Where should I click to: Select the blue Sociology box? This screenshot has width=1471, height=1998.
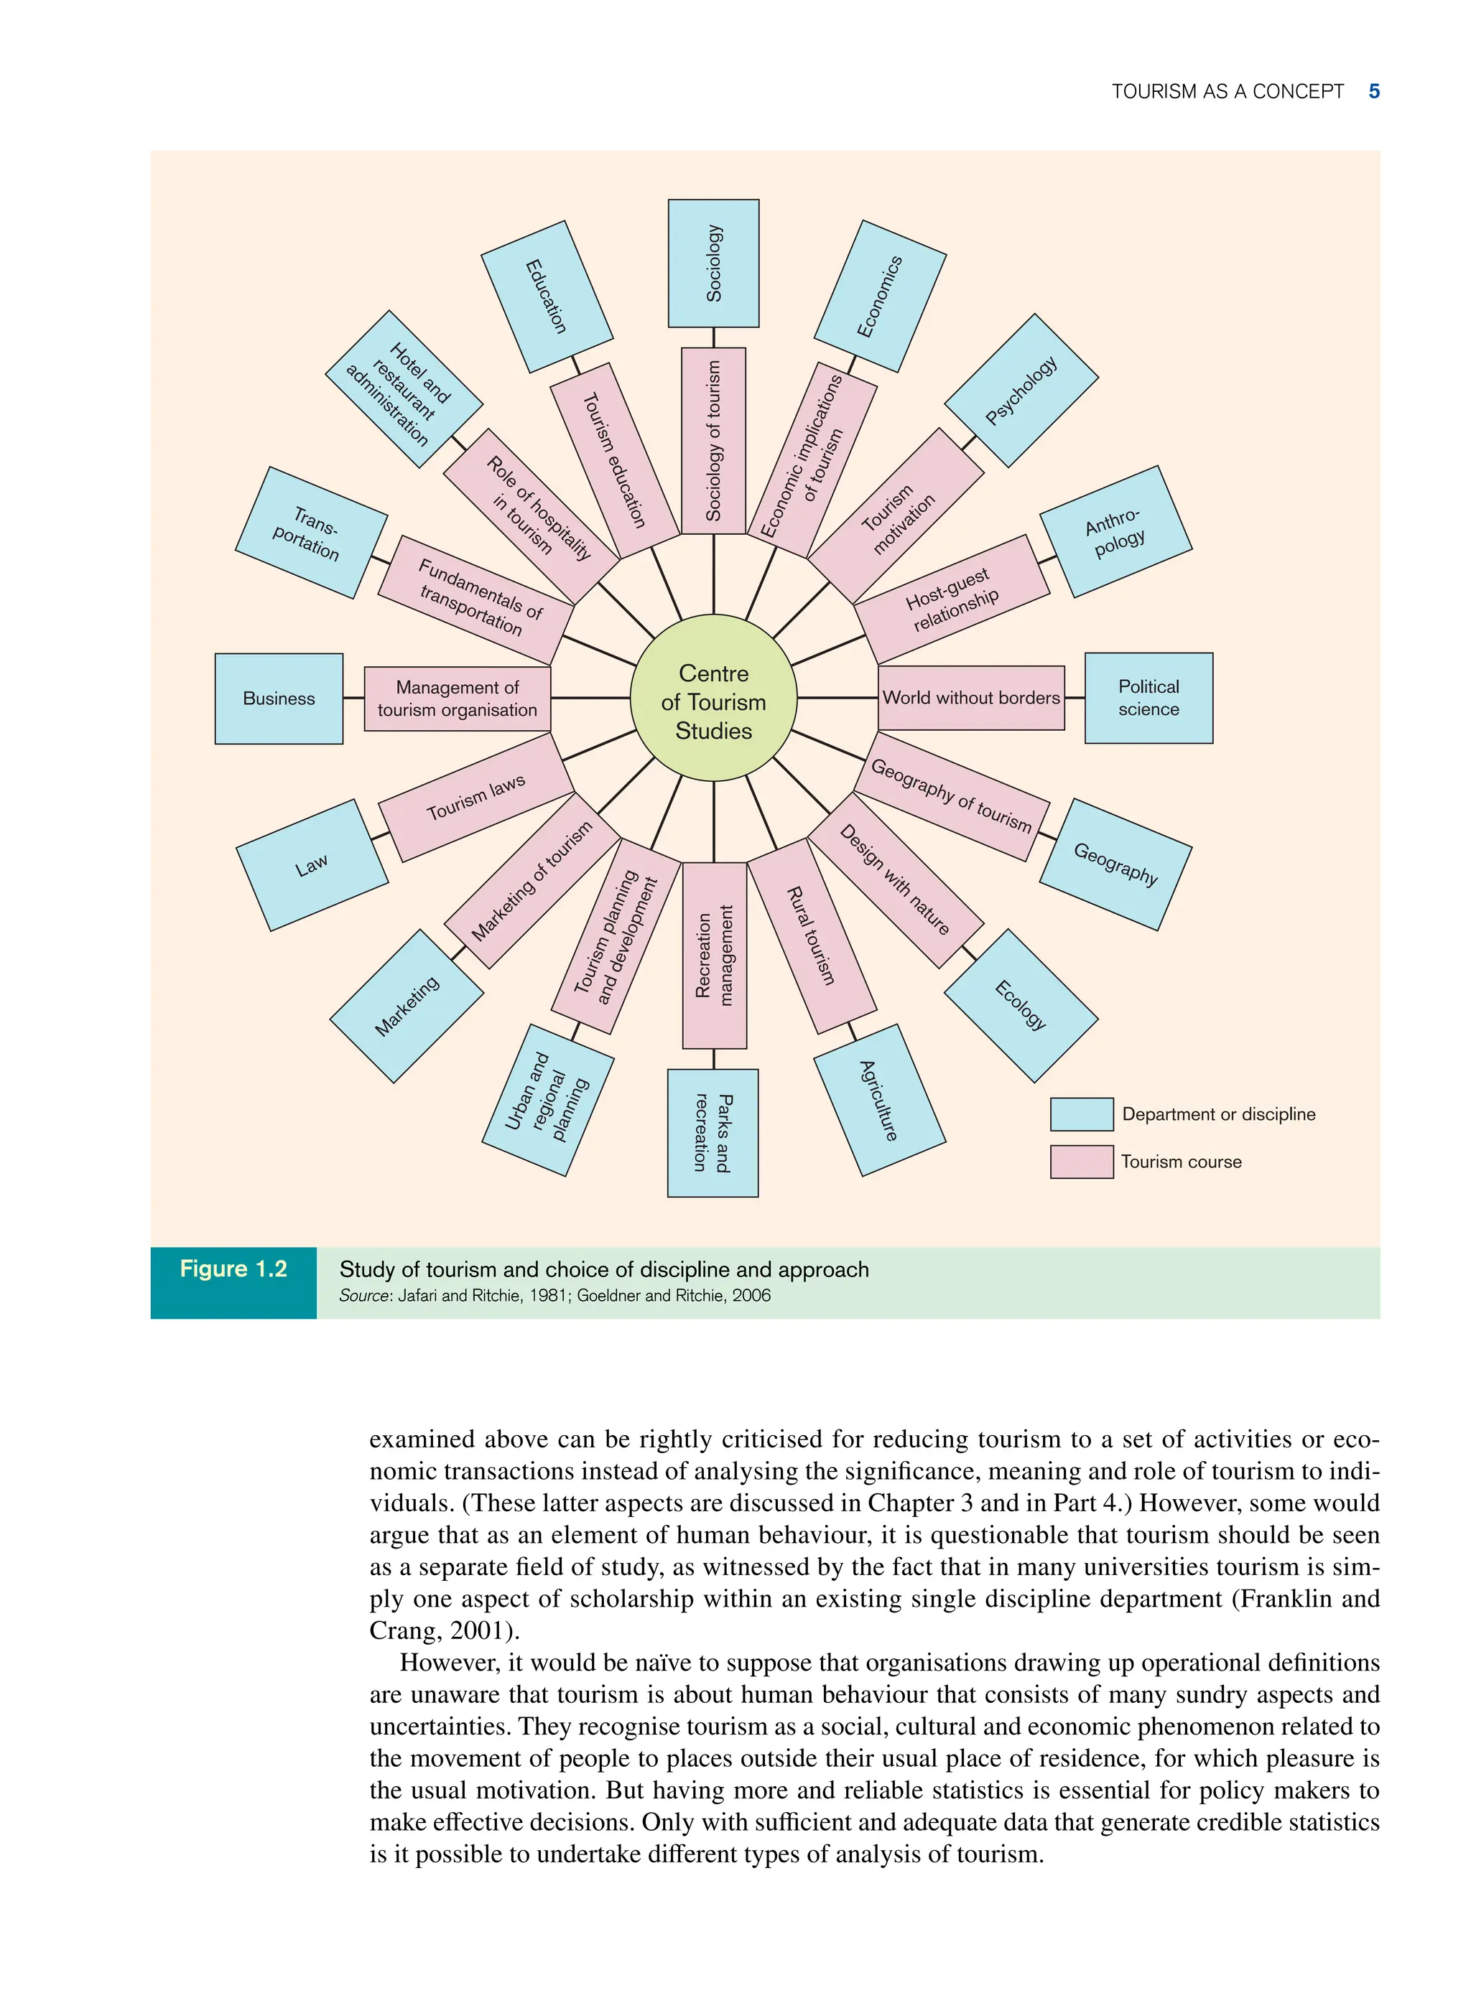point(713,263)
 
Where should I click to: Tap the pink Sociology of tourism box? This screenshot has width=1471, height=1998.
point(713,441)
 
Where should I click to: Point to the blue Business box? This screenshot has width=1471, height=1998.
point(279,699)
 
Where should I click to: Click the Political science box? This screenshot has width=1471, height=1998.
point(1149,698)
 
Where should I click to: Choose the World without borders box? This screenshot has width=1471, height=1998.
point(970,698)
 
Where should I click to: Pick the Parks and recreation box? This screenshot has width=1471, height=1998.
point(713,1133)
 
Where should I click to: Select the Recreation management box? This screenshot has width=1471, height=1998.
point(714,955)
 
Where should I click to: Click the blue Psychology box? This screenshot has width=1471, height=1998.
point(1021,390)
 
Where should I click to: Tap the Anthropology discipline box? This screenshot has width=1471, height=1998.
point(1115,531)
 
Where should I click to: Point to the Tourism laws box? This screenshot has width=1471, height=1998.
point(476,798)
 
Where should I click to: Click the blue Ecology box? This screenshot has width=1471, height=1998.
point(1021,1006)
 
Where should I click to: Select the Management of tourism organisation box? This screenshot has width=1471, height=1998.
point(457,699)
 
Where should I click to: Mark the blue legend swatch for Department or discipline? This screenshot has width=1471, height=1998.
point(1081,1114)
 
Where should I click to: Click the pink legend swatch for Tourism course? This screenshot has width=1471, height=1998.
point(1081,1162)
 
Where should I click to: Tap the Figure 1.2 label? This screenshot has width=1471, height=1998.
point(233,1269)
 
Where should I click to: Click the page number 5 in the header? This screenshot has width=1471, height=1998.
point(1374,92)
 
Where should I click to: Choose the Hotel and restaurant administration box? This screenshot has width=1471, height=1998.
point(404,389)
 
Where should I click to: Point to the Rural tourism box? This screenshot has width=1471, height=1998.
point(811,935)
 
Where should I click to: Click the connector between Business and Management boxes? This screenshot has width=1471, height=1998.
point(353,699)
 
